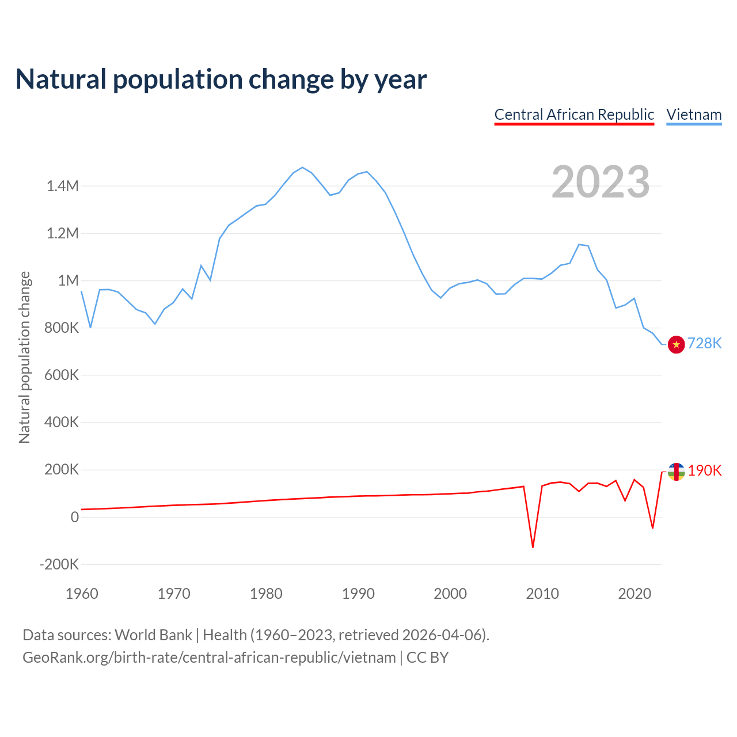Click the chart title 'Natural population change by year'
pos(221,79)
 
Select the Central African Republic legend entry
pos(574,115)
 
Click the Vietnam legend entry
pos(694,115)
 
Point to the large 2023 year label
pos(601,182)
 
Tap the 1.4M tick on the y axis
pos(63,186)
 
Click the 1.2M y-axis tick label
pos(63,233)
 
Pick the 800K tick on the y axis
pos(62,328)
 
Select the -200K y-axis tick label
pos(59,564)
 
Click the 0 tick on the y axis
pos(74,517)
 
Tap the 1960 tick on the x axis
pos(82,594)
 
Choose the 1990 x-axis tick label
pos(358,594)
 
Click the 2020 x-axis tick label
pos(635,594)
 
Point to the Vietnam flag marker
pos(676,344)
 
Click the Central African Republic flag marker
pos(676,472)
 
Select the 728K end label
pos(704,343)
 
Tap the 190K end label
pos(704,470)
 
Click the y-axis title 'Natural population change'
pos(25,357)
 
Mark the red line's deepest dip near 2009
pos(533,546)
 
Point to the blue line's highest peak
pos(302,168)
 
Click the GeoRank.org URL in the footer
pos(209,658)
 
